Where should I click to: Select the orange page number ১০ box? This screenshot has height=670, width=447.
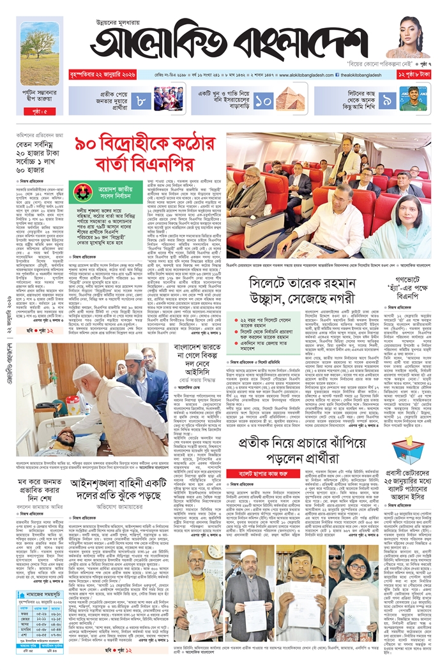pos(263,100)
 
